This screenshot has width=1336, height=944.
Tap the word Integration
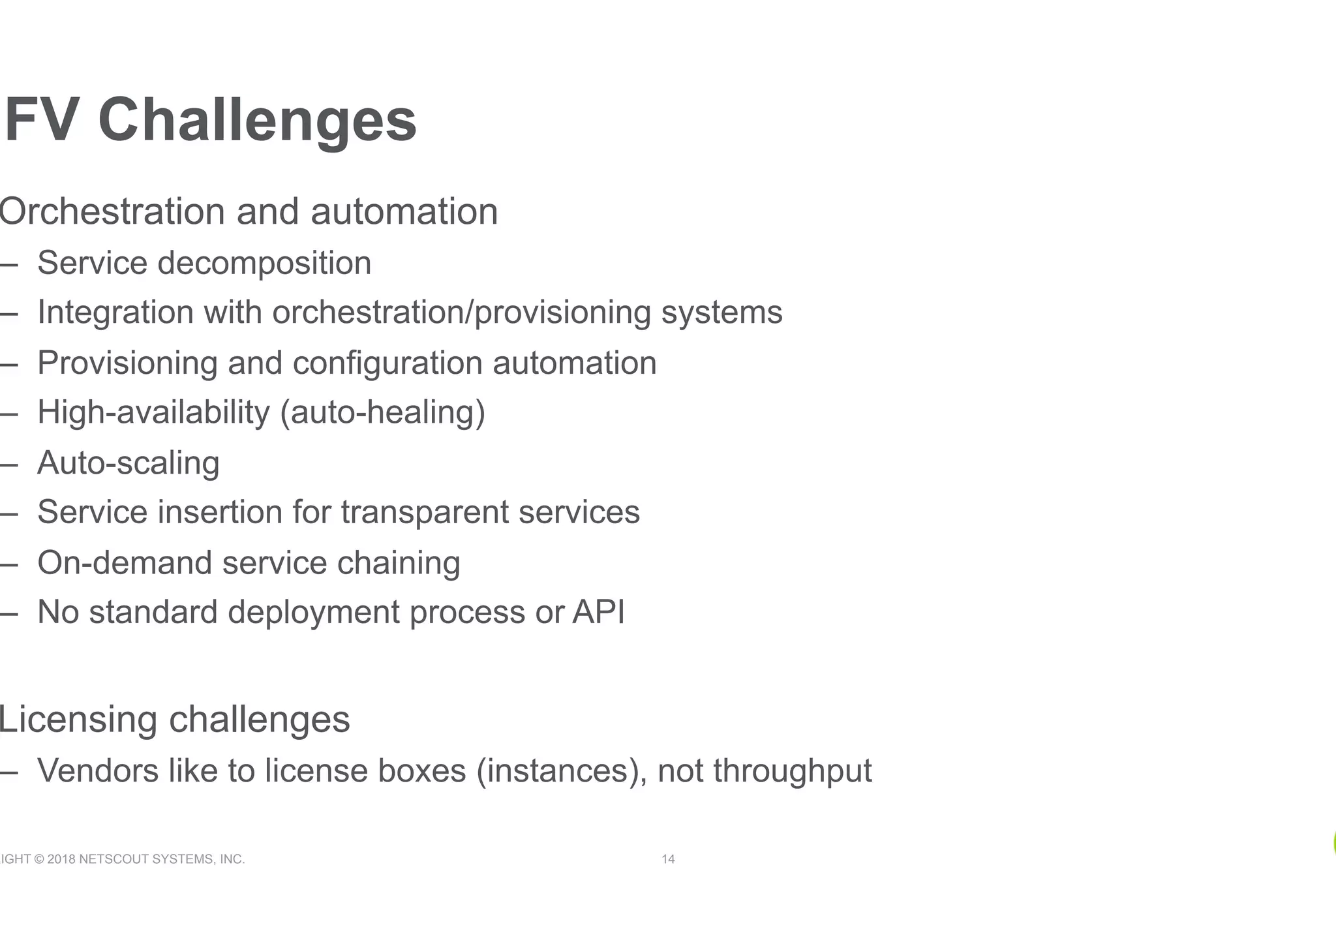pyautogui.click(x=115, y=312)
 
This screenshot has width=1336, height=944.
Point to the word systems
pyautogui.click(x=721, y=312)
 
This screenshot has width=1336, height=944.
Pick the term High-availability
pyautogui.click(x=153, y=413)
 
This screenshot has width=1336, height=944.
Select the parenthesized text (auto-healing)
pyautogui.click(x=382, y=413)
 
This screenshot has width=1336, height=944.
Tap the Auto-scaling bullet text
pyautogui.click(x=129, y=463)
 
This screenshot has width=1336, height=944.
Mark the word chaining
pyautogui.click(x=399, y=564)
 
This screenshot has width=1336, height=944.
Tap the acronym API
pyautogui.click(x=598, y=613)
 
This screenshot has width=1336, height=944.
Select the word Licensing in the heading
pyautogui.click(x=78, y=720)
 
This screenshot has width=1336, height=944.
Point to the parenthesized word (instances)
pyautogui.click(x=562, y=771)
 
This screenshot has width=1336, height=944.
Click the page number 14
pyautogui.click(x=668, y=859)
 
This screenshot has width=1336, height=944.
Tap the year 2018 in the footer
pyautogui.click(x=61, y=859)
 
